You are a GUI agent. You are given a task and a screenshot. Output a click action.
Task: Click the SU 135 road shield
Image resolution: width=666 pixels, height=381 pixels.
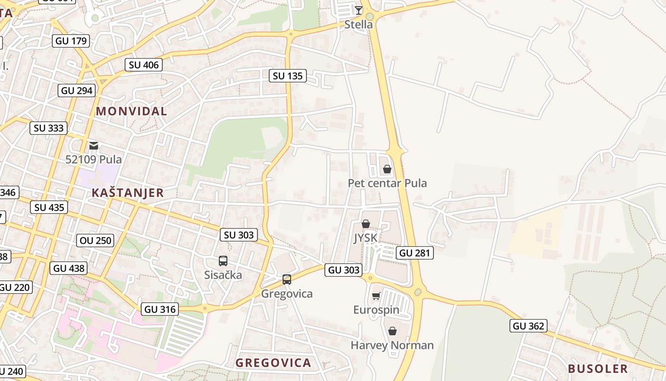pos(288,76)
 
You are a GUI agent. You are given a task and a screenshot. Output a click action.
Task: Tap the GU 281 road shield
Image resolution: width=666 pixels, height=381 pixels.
pos(415,253)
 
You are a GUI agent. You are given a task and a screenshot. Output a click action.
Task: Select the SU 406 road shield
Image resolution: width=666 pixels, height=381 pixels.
pos(144,65)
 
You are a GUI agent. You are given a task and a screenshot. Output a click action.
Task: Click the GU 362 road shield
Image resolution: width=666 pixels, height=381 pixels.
pos(529,326)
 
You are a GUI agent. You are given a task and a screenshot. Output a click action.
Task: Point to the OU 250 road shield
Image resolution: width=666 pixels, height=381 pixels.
pos(96,241)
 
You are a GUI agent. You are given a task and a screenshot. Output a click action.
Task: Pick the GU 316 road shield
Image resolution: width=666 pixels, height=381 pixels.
pos(160,309)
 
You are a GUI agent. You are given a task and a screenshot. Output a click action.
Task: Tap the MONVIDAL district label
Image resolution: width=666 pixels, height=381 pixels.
pos(131,111)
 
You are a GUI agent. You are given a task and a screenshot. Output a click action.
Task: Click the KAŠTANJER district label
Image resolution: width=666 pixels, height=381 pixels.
pos(127,193)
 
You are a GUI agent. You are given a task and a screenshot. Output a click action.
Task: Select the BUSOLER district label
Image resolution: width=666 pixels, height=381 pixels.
pos(598,369)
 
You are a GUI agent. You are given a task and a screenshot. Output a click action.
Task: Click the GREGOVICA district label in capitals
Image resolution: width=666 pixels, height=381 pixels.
pos(273,363)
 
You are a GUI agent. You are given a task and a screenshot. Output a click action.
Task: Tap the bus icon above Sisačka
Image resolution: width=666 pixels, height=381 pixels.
pos(223,261)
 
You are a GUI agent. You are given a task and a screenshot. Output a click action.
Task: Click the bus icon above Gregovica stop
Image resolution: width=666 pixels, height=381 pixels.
pos(286,280)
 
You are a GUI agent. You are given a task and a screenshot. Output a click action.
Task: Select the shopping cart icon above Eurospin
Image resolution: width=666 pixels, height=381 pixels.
pos(376,296)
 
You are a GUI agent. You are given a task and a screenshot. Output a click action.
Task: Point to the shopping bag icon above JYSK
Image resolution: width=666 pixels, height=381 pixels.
pos(365,224)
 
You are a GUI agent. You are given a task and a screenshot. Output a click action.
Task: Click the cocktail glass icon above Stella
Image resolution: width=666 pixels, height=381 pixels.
pos(359,10)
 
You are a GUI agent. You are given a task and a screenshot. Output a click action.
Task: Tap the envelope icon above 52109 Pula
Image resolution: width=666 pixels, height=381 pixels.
pos(94,145)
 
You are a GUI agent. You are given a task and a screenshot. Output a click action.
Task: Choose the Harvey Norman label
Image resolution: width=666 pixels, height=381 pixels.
pos(392,345)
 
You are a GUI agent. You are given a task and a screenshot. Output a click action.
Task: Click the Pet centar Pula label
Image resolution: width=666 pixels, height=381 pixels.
pos(387,183)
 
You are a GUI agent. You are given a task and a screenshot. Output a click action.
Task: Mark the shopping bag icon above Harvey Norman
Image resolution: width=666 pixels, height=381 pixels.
pos(392,331)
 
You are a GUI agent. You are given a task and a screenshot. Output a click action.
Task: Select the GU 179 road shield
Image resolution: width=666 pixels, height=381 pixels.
pos(71,41)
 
